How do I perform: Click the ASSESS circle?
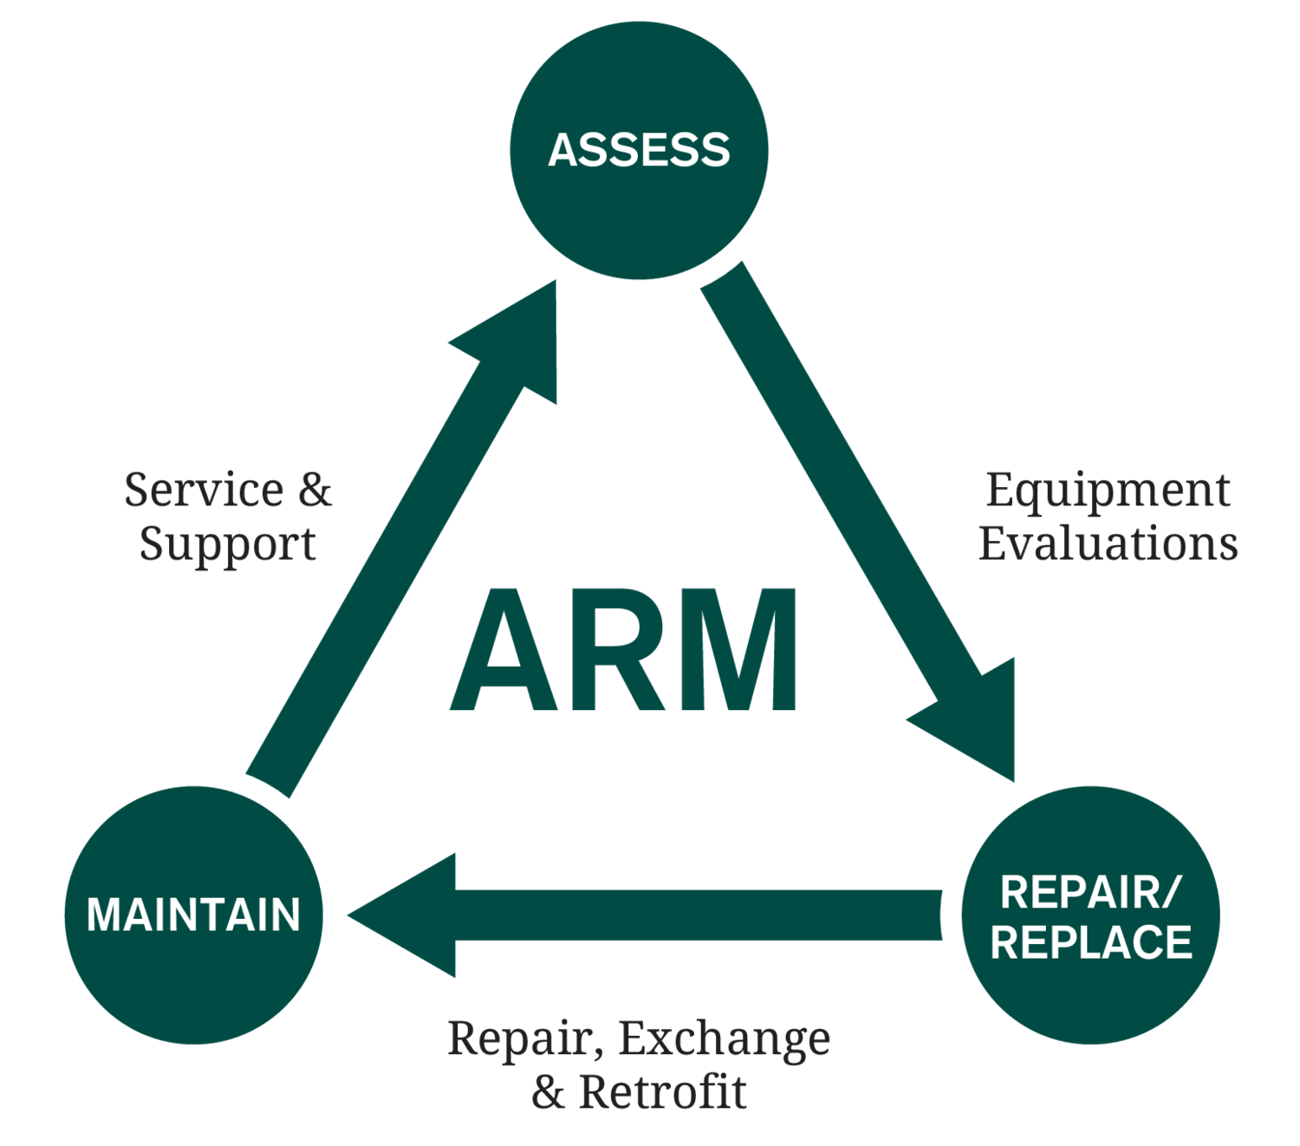639,150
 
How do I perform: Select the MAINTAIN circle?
193,915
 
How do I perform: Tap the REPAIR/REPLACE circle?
1091,915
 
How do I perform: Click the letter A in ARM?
504,650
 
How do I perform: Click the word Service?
204,491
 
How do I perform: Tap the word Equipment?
1108,492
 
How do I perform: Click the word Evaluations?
1108,544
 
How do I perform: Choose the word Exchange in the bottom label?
725,1039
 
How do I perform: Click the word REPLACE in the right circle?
1091,943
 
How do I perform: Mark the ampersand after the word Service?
315,491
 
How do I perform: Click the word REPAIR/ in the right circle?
1090,893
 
